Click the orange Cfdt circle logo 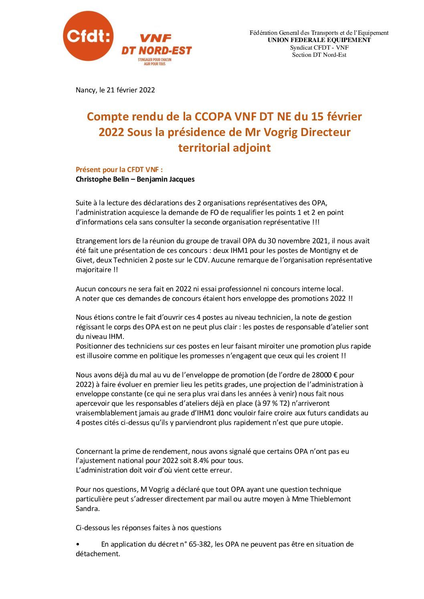[88, 36]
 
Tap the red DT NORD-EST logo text [157, 50]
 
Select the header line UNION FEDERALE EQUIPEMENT [319, 40]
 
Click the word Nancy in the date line [86, 90]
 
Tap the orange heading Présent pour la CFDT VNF [119, 170]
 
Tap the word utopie [331, 423]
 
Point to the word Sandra [87, 509]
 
